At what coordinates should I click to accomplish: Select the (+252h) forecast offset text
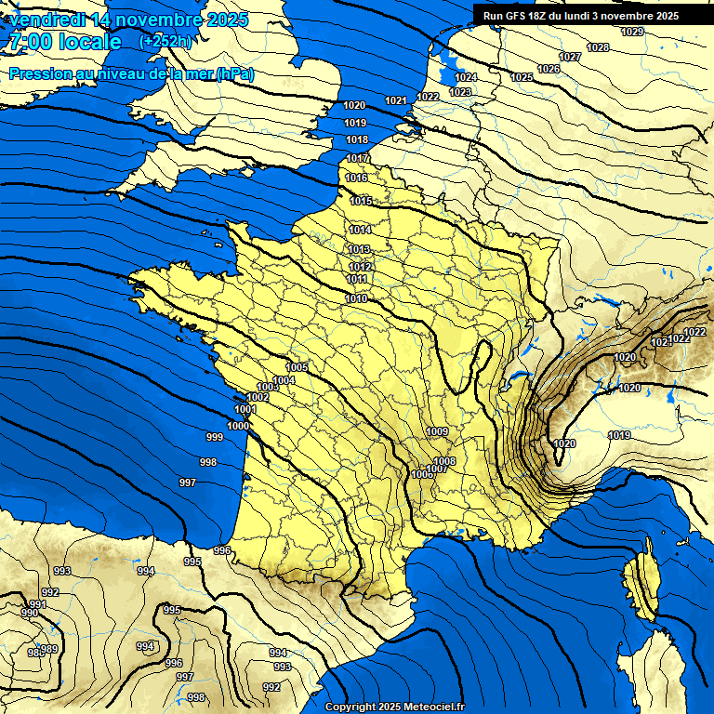[165, 41]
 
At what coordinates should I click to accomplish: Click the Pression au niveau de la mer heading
[131, 73]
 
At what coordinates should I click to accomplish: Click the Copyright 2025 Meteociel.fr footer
[395, 707]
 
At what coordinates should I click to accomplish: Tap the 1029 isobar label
[632, 33]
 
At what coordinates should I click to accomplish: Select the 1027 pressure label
[570, 58]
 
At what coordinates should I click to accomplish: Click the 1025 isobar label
[522, 77]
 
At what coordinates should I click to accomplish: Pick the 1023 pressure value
[460, 92]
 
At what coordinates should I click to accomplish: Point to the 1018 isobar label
[356, 140]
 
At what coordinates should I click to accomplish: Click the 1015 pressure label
[361, 202]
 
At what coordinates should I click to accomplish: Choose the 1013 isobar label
[360, 250]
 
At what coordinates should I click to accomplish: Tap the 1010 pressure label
[355, 298]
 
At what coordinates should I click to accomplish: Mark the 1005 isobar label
[297, 368]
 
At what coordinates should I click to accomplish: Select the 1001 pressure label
[245, 410]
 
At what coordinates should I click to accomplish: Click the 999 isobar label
[214, 437]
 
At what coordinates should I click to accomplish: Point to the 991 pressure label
[38, 604]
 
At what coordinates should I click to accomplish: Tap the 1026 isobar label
[549, 70]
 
